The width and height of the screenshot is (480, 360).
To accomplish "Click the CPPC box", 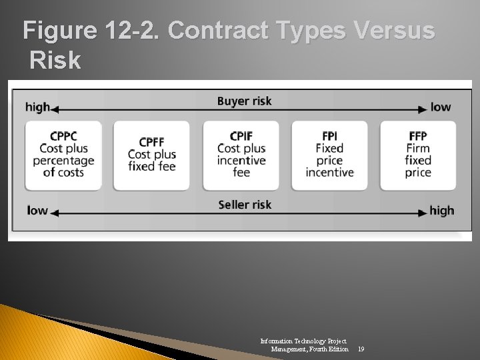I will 63,155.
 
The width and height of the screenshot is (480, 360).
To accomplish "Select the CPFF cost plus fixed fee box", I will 151,155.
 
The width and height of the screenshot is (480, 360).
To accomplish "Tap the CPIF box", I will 241,155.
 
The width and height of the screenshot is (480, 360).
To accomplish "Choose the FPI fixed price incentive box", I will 329,155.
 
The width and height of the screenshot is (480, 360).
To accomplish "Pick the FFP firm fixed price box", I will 418,155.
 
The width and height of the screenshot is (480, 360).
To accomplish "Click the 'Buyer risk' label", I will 244,101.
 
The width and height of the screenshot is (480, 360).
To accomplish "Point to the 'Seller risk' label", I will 245,205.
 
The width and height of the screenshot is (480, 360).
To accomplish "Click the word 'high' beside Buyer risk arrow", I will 37,107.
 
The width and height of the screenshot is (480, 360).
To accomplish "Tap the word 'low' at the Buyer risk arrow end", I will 441,107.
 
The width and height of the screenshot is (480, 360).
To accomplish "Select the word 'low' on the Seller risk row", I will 37,211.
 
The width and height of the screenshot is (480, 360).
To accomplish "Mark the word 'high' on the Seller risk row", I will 441,211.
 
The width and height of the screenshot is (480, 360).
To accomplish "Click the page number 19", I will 361,349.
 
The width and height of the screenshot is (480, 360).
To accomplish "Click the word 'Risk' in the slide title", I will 55,61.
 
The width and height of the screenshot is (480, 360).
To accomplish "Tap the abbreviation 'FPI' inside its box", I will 329,137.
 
